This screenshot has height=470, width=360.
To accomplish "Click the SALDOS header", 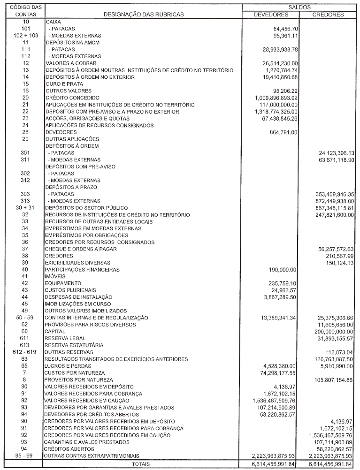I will [x=299, y=8].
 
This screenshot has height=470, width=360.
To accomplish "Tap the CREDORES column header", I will [x=328, y=15].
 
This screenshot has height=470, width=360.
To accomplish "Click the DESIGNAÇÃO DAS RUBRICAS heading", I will [x=144, y=15].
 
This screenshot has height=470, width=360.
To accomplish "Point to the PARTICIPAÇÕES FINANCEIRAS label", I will [x=82, y=270].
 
